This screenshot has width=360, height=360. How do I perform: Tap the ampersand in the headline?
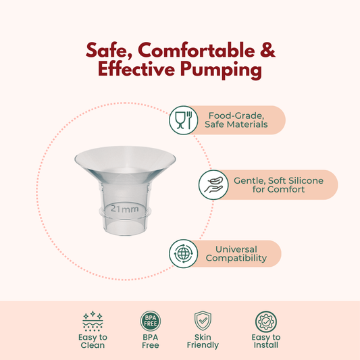click(267, 50)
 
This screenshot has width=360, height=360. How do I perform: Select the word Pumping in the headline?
click(221, 70)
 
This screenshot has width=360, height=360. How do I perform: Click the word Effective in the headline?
click(136, 69)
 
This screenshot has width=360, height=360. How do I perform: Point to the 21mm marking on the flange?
click(125, 209)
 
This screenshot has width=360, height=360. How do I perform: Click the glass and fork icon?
click(183, 120)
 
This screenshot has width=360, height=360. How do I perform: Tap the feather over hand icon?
click(213, 185)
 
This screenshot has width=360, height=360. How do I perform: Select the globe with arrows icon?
click(183, 254)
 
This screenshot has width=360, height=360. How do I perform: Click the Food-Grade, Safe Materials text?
click(236, 120)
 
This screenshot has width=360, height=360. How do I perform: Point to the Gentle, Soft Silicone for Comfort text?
click(278, 185)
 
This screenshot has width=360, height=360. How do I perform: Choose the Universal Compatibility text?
click(236, 254)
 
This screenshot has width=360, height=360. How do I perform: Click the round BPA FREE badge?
click(151, 321)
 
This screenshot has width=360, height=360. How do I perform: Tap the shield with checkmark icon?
click(203, 321)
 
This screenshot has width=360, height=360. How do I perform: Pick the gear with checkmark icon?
click(266, 322)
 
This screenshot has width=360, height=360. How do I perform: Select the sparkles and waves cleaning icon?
click(93, 322)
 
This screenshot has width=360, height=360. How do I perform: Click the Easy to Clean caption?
click(93, 341)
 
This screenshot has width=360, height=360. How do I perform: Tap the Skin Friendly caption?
click(203, 341)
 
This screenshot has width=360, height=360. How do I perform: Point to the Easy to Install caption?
click(266, 341)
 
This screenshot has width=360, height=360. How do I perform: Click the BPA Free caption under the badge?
click(151, 341)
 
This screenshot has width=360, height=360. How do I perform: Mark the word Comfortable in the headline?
click(197, 50)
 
